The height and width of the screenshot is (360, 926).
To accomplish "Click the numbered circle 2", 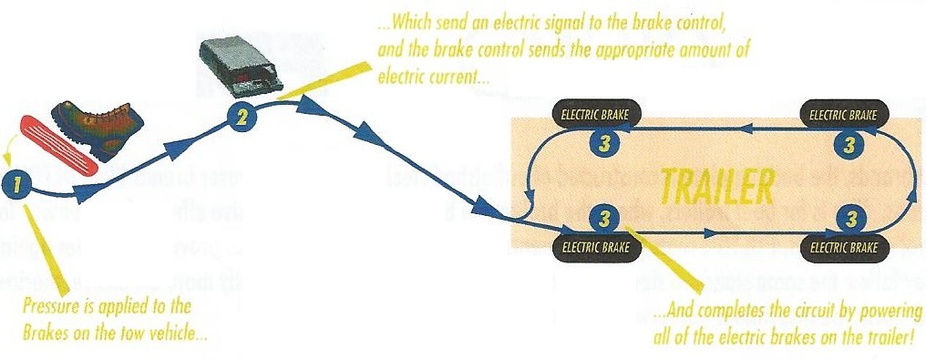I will point(239,116).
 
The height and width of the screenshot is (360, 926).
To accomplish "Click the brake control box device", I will point(241,66).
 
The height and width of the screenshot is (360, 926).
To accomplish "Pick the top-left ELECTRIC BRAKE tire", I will point(597,115).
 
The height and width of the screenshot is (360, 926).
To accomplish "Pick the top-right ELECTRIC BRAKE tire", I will point(844,115).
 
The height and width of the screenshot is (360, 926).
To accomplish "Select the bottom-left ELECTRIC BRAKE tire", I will point(597,245).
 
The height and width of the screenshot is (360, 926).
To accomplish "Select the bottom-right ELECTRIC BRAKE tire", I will point(844,245).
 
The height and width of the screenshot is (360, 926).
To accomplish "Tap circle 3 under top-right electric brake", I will point(849,143).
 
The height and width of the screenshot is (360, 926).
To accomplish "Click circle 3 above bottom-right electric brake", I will point(849,218).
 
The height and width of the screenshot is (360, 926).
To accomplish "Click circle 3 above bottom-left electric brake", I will point(602,218).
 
